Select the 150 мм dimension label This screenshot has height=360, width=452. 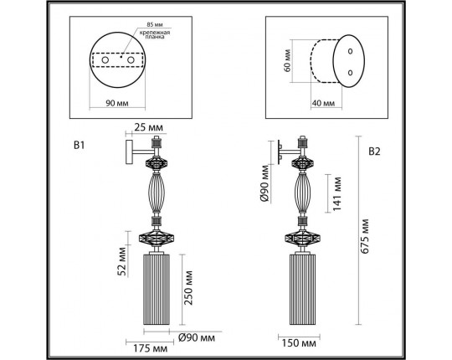(299, 343)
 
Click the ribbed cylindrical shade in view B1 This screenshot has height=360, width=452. (158, 291)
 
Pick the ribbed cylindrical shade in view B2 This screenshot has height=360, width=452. (303, 291)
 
